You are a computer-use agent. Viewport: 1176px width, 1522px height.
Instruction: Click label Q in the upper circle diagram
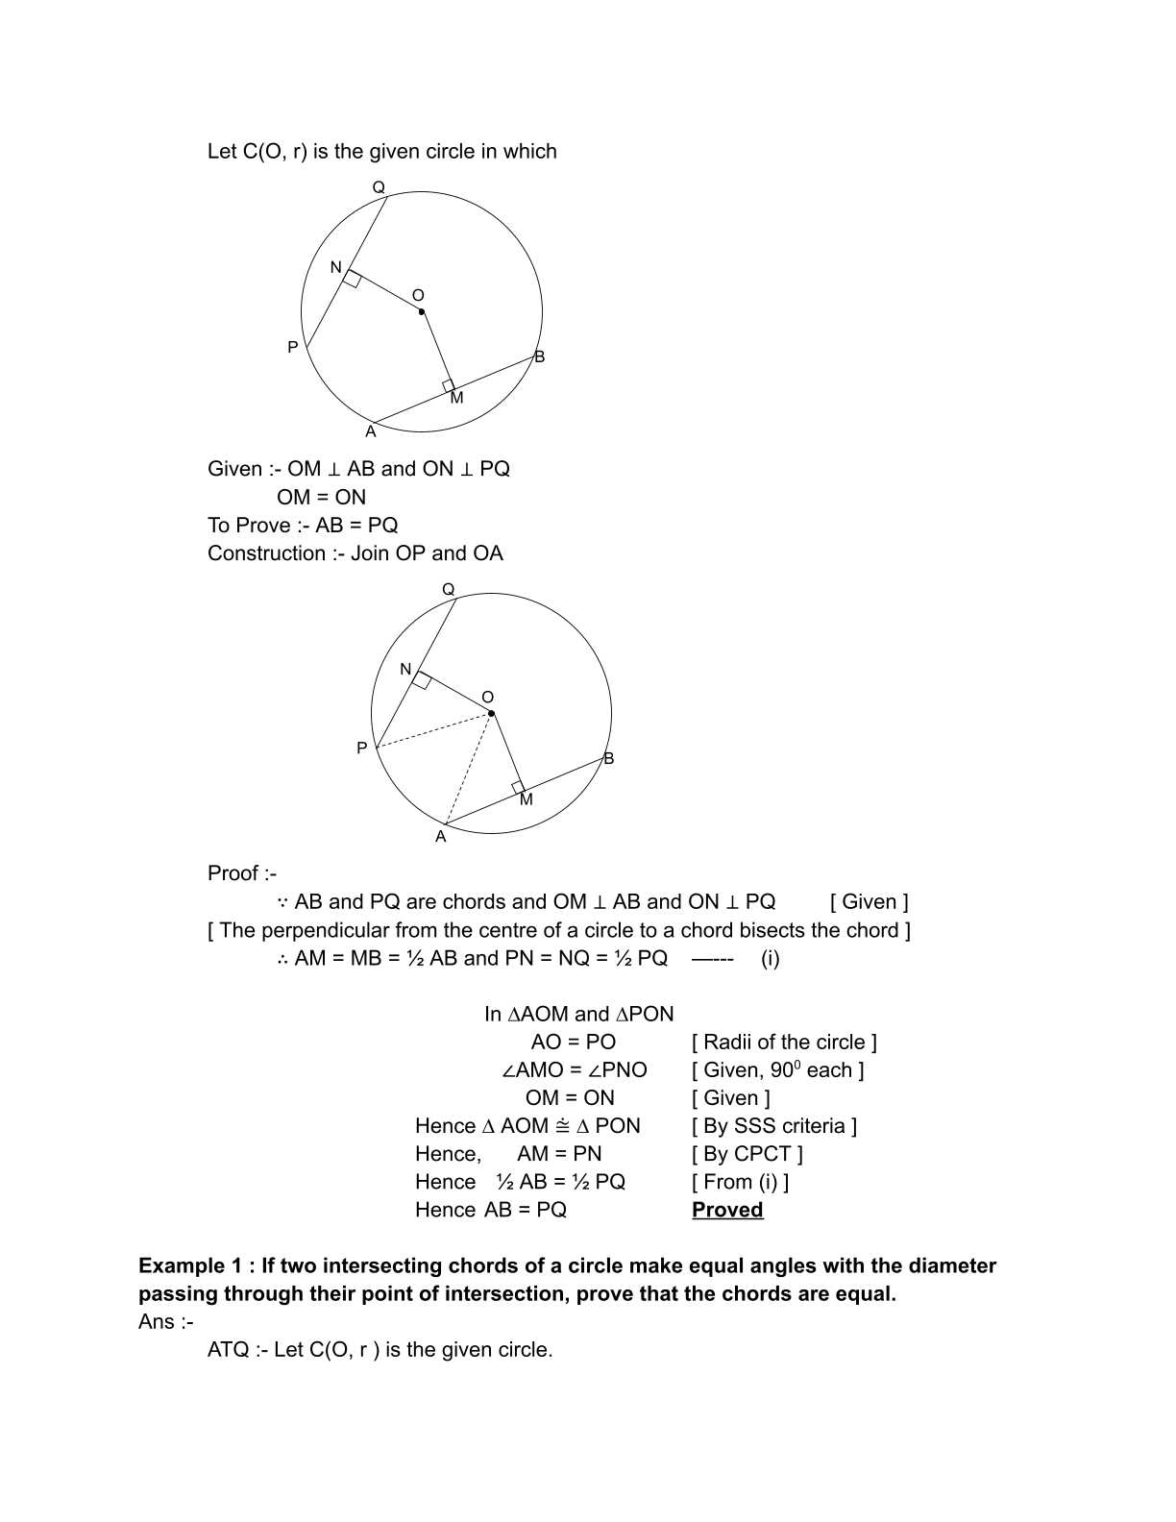click(379, 186)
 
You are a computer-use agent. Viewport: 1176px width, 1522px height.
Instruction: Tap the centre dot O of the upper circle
click(422, 311)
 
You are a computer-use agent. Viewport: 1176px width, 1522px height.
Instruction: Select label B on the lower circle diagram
click(608, 758)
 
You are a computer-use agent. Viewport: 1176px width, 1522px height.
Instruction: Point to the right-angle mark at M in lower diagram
click(519, 788)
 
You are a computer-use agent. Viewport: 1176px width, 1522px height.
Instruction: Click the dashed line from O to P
click(432, 730)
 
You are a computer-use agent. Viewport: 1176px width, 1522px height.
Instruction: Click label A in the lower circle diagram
click(441, 837)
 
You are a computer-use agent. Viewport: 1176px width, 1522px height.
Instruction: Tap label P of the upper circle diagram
click(293, 347)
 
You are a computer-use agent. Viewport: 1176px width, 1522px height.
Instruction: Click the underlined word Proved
click(727, 1210)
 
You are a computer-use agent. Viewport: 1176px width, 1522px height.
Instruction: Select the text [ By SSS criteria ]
click(774, 1125)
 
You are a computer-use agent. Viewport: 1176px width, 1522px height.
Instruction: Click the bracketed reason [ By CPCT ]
click(747, 1153)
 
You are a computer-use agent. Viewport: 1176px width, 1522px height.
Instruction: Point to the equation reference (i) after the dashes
click(770, 958)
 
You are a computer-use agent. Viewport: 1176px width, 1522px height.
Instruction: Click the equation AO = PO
click(574, 1042)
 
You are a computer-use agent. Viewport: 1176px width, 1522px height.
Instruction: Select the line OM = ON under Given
click(321, 497)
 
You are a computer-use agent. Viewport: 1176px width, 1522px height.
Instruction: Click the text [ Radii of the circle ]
click(784, 1042)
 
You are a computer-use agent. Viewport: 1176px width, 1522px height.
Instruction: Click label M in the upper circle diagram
click(456, 398)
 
